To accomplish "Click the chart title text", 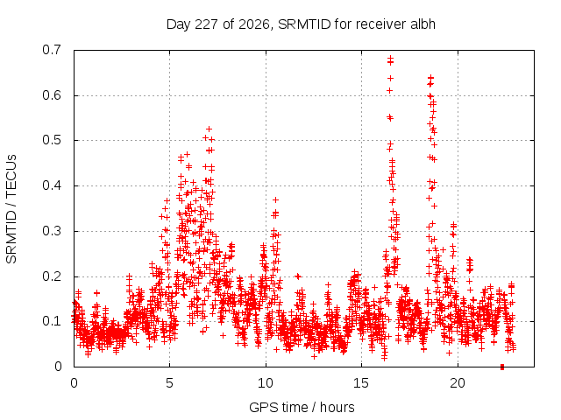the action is [301, 24].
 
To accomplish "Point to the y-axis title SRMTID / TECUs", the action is [11, 209].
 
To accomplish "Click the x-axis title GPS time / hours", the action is [302, 407].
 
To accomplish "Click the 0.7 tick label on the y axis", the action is [52, 50].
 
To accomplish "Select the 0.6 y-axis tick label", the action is [52, 95].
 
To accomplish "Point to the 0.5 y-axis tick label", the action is [52, 140].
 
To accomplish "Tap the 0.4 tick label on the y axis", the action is [52, 185].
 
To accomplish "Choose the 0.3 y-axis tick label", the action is [52, 231].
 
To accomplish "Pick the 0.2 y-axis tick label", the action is [52, 276].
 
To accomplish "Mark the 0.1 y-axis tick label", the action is [52, 321].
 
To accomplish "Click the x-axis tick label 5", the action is [169, 383].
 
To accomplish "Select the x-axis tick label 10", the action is [266, 383].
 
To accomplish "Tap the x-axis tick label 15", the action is [361, 383].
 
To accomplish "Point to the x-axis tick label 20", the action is [458, 383].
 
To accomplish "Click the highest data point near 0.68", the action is [390, 58].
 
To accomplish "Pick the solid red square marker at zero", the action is [502, 367].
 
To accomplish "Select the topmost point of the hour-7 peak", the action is [209, 129].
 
